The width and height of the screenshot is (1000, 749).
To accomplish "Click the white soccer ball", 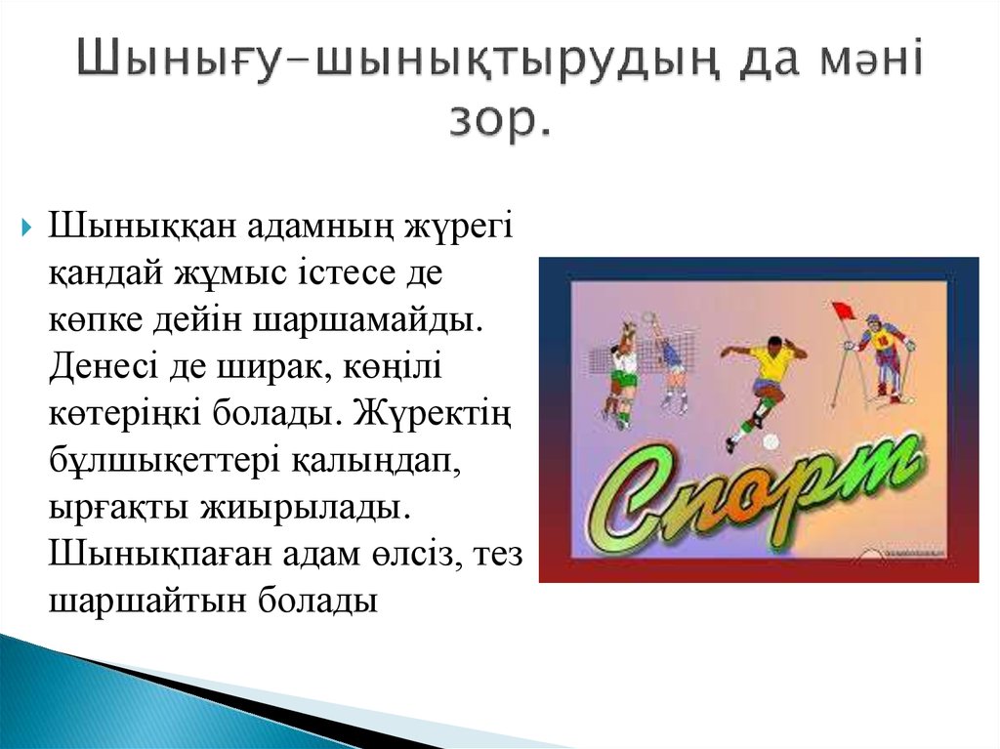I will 770,442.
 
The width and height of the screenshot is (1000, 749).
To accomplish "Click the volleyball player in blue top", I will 671,361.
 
